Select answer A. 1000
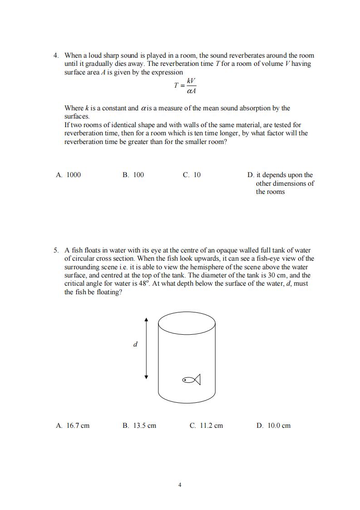(69, 175)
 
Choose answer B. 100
(133, 175)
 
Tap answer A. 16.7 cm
(73, 426)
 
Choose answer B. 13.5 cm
(139, 426)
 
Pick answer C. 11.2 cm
(206, 426)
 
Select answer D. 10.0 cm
(273, 426)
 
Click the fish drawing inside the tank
(191, 379)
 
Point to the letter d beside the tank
(135, 345)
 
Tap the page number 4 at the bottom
(180, 485)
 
